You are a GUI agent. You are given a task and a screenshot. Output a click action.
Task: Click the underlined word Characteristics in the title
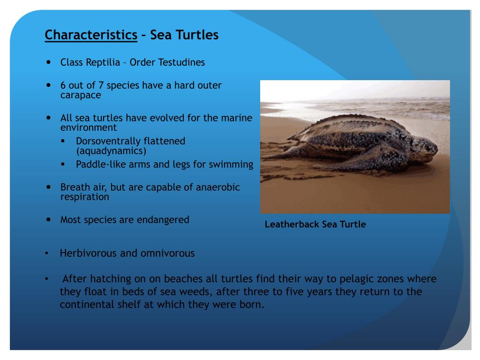pos(91,35)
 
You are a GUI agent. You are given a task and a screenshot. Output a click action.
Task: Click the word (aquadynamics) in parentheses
pos(111,151)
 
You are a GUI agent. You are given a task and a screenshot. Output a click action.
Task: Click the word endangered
pos(163,219)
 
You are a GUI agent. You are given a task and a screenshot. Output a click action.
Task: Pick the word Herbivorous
pos(88,254)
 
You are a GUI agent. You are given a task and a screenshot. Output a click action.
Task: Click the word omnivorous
pos(167,254)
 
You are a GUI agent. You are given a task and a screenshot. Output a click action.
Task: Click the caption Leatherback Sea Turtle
pos(315,225)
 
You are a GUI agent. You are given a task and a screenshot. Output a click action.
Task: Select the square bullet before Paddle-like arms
pos(63,165)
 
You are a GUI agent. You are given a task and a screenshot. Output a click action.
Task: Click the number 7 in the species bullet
pos(101,86)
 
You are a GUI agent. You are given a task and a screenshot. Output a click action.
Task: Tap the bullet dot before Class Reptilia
pos(49,62)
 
